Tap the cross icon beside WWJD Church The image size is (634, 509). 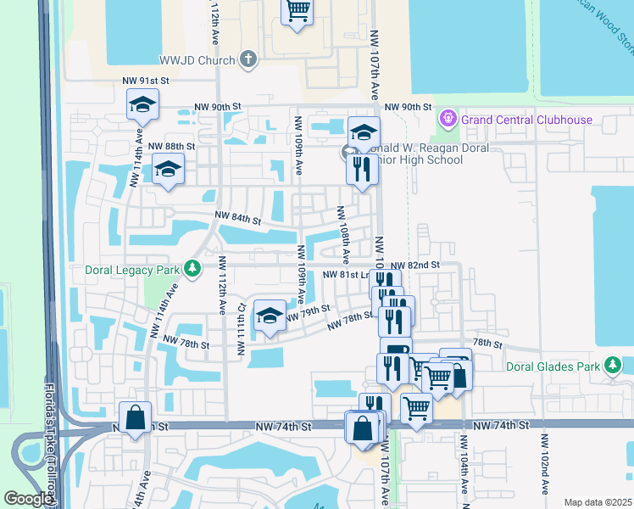[x=247, y=59]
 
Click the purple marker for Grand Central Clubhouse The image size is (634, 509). [x=448, y=119]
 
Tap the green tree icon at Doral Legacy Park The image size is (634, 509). [x=194, y=269]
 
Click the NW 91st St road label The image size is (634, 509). [x=147, y=80]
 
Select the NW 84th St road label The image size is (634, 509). [x=237, y=219]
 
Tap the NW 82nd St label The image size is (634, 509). [x=416, y=266]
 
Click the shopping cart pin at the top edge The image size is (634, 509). [x=298, y=12]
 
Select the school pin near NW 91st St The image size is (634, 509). [x=142, y=106]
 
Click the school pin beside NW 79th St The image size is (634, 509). [x=270, y=317]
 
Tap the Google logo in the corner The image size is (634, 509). [x=28, y=499]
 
